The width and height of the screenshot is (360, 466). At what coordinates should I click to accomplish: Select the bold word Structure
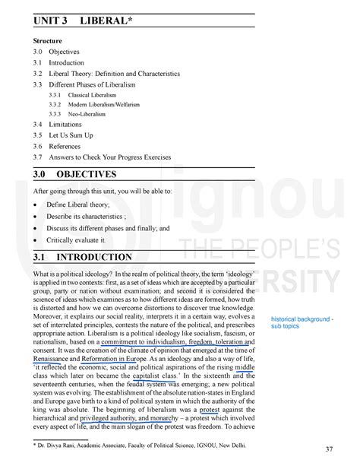[x=49, y=40]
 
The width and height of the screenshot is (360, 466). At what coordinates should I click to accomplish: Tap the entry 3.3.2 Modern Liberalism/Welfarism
[x=96, y=103]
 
